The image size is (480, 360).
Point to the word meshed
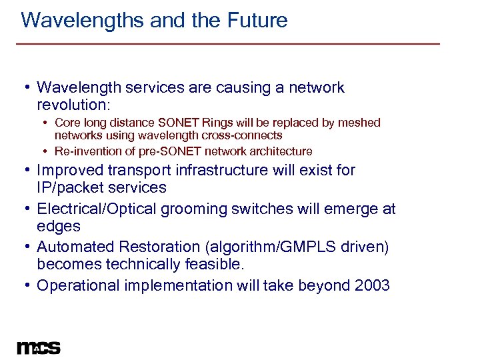pos(359,123)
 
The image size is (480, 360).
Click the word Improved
pos(69,171)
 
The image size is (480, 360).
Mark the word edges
pos(59,227)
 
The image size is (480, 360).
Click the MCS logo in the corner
pos(39,347)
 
